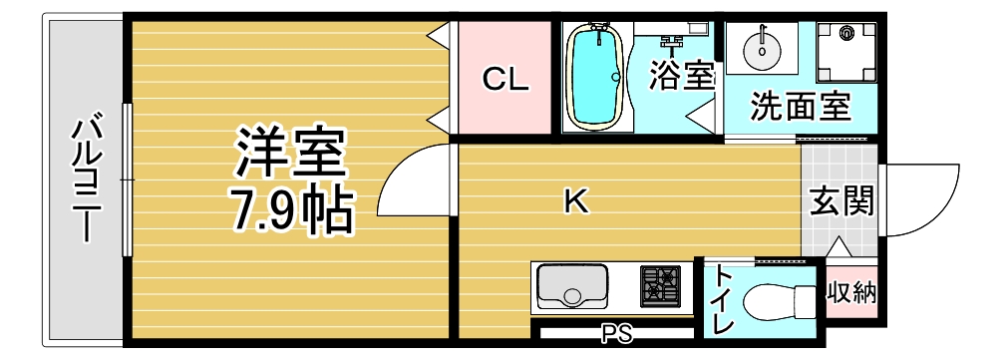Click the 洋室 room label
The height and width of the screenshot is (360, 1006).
coord(291,153)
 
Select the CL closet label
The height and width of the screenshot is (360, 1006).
coord(505,80)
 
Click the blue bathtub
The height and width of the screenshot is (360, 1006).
coord(596,77)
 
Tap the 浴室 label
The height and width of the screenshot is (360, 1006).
coord(681,75)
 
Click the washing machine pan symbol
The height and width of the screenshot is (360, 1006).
coord(846,52)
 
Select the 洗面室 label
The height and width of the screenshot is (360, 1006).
coord(801,107)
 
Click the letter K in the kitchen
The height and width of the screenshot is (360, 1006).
coord(576,202)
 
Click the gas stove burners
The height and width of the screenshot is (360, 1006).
coord(660,286)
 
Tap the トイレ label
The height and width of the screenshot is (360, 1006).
coord(724,300)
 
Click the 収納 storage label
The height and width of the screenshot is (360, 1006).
coord(850,293)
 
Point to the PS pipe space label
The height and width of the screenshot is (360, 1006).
coord(616,333)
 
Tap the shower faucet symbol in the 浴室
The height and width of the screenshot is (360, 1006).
coord(671,42)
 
